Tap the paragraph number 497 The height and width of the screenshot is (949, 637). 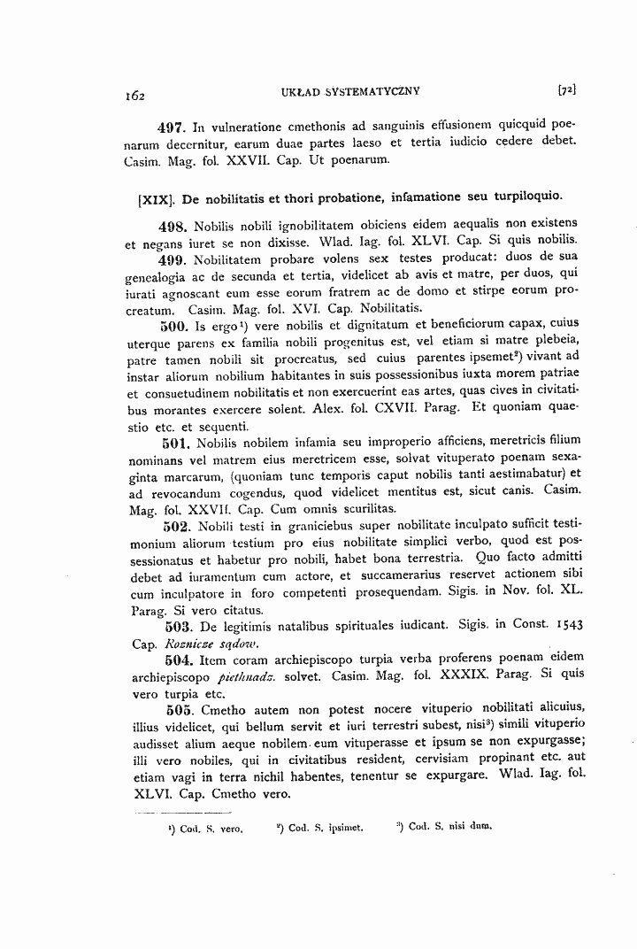(176, 126)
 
